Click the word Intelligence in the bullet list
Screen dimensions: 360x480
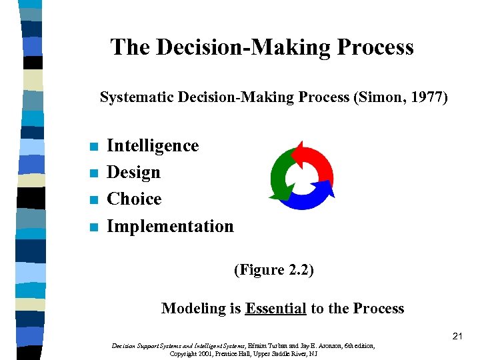[x=153, y=146]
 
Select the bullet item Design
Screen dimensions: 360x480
[x=133, y=173]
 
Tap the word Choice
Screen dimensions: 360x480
[x=134, y=199]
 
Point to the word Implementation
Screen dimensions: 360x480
[x=170, y=227]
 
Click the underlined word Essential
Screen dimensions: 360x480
[x=275, y=309]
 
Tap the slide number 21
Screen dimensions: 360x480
[x=457, y=337]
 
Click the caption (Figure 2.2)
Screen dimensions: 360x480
[x=273, y=270]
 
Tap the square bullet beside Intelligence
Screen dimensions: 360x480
[x=94, y=147]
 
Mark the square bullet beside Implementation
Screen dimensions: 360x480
[x=94, y=227]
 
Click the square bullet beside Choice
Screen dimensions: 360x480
[x=94, y=200]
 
